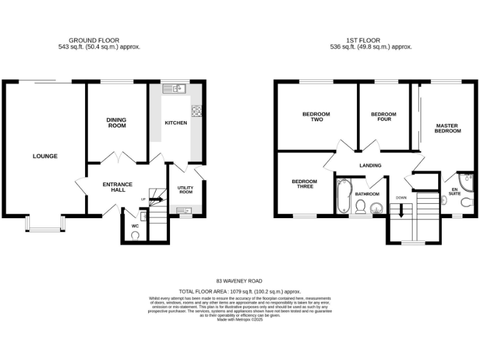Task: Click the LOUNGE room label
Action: point(45,156)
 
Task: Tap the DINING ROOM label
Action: point(116,122)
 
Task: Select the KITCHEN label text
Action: point(176,123)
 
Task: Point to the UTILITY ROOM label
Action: point(185,190)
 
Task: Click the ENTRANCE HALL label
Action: point(117,187)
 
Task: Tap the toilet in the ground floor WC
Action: point(136,235)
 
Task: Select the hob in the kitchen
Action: point(197,111)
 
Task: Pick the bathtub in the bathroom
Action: point(343,196)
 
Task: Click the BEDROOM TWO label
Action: point(316,117)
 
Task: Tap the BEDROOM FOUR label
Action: point(383,117)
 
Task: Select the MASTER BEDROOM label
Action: point(448,128)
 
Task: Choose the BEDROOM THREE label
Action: point(304,184)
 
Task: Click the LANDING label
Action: point(370,166)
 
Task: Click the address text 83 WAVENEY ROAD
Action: point(239,281)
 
